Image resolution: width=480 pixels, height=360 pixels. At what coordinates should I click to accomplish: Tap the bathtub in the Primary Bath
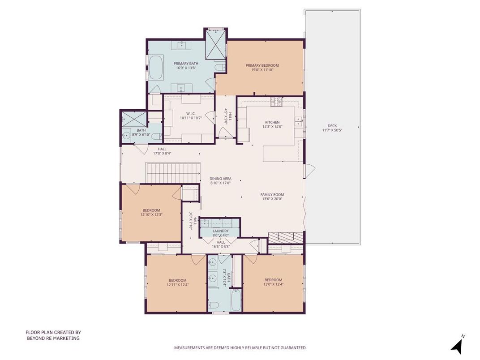(x=156, y=68)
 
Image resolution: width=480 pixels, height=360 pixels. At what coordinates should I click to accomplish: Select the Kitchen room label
(x=272, y=122)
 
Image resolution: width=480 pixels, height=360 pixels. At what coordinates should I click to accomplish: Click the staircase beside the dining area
(x=173, y=173)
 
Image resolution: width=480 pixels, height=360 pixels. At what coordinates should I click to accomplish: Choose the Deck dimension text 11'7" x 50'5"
(x=332, y=130)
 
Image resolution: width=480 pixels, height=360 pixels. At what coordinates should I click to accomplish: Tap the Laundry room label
(x=221, y=231)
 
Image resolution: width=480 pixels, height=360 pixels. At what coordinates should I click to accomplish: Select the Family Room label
(x=272, y=194)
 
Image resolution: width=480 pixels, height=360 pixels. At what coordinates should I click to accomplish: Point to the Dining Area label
(x=221, y=179)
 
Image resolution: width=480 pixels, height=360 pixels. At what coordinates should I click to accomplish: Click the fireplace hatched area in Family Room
(x=286, y=237)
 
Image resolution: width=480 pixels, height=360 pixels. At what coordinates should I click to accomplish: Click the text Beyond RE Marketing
(x=53, y=339)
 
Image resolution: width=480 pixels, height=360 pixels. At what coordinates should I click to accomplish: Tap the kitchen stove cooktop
(x=275, y=102)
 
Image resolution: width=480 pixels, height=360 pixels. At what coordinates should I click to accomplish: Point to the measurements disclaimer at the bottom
(x=240, y=347)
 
